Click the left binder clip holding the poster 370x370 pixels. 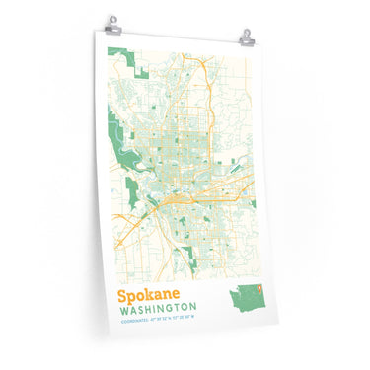[x=113, y=21]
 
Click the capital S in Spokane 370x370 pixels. [x=122, y=293]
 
